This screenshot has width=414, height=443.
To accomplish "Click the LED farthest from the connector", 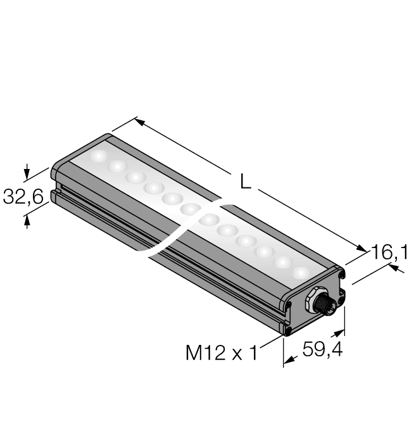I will (100, 156).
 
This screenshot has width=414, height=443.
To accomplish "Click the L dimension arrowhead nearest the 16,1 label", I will (359, 249).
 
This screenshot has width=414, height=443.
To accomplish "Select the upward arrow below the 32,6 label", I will (27, 220).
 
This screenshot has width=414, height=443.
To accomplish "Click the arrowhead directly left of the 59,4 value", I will (289, 361).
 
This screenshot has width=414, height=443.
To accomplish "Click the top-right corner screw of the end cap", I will (342, 275).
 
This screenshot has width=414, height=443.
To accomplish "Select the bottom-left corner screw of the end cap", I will (289, 330).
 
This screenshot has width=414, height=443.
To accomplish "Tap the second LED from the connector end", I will (282, 262).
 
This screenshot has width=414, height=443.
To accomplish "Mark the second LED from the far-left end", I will (117, 166).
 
